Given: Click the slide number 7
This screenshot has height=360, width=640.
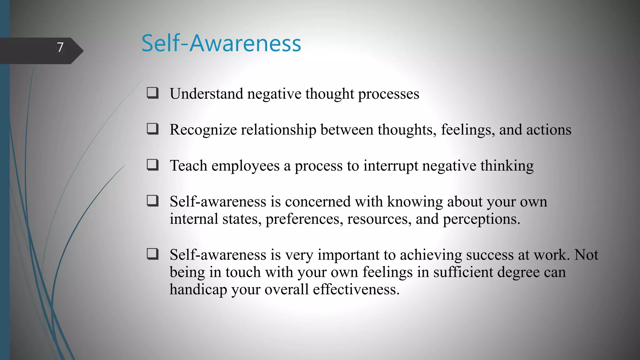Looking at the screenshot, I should click(x=60, y=47).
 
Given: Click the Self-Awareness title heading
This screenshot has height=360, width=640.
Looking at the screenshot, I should click(x=221, y=43).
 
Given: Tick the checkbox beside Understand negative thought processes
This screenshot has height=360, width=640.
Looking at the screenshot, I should click(x=153, y=93).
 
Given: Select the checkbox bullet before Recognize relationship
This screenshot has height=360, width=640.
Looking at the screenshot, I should click(x=153, y=129).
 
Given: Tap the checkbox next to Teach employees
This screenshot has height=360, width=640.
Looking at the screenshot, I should click(x=153, y=165).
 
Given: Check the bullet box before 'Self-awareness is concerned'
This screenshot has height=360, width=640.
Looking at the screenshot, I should click(x=153, y=201).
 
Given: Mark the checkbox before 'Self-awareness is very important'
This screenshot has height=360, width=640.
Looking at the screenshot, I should click(x=153, y=254).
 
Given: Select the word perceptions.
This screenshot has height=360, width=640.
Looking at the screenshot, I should click(x=481, y=219).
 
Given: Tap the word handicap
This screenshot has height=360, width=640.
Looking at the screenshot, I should click(x=198, y=290).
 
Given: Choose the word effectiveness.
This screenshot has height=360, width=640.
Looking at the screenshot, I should click(x=356, y=289).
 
